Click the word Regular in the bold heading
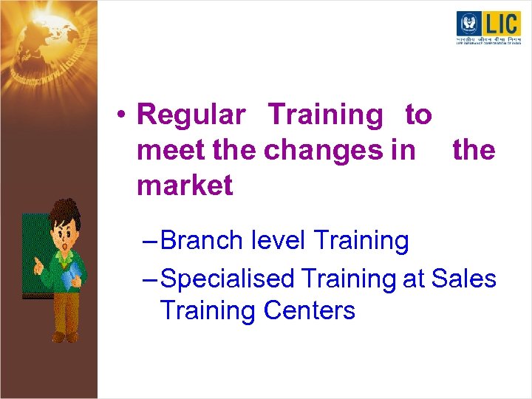click(191, 115)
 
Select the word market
click(185, 186)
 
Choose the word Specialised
click(226, 279)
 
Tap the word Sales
click(463, 279)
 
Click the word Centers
click(309, 310)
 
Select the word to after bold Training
click(418, 115)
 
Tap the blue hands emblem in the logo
click(468, 24)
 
